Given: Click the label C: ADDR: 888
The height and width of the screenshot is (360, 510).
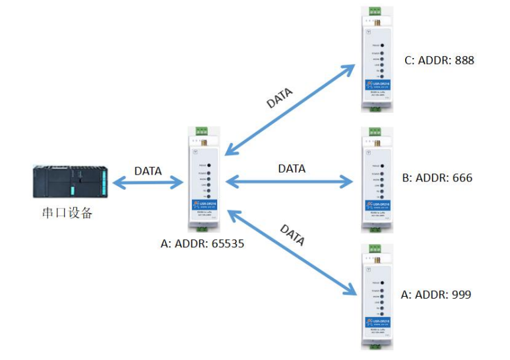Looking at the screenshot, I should click(x=439, y=61).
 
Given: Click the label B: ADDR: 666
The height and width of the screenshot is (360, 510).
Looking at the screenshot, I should click(x=437, y=178).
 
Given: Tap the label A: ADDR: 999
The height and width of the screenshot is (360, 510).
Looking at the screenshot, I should click(x=436, y=295).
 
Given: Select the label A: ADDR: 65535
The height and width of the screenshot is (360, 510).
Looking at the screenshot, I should click(x=203, y=243).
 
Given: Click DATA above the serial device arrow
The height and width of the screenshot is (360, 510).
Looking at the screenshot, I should click(x=148, y=171).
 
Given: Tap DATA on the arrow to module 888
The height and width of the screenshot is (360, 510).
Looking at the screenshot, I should click(x=280, y=96).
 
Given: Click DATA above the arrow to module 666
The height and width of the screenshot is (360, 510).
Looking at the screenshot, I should click(x=292, y=169).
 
